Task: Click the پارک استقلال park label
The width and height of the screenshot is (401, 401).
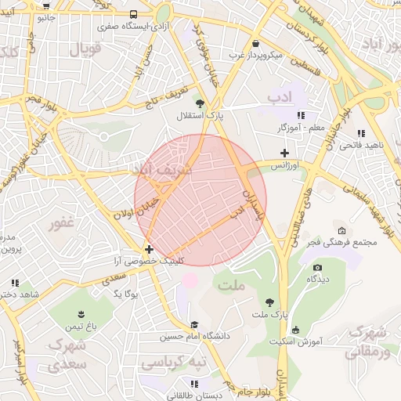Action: tap(199, 115)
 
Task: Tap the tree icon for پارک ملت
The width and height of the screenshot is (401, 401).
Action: tap(270, 302)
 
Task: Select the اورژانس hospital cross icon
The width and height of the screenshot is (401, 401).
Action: tap(284, 154)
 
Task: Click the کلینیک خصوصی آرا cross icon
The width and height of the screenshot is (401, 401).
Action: tap(150, 249)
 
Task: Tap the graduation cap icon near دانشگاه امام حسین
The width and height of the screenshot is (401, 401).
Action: tap(194, 325)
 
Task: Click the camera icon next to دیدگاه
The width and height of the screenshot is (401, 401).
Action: tap(317, 267)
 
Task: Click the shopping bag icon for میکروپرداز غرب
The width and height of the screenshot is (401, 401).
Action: tap(256, 45)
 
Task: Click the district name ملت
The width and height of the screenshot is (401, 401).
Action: tap(233, 286)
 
